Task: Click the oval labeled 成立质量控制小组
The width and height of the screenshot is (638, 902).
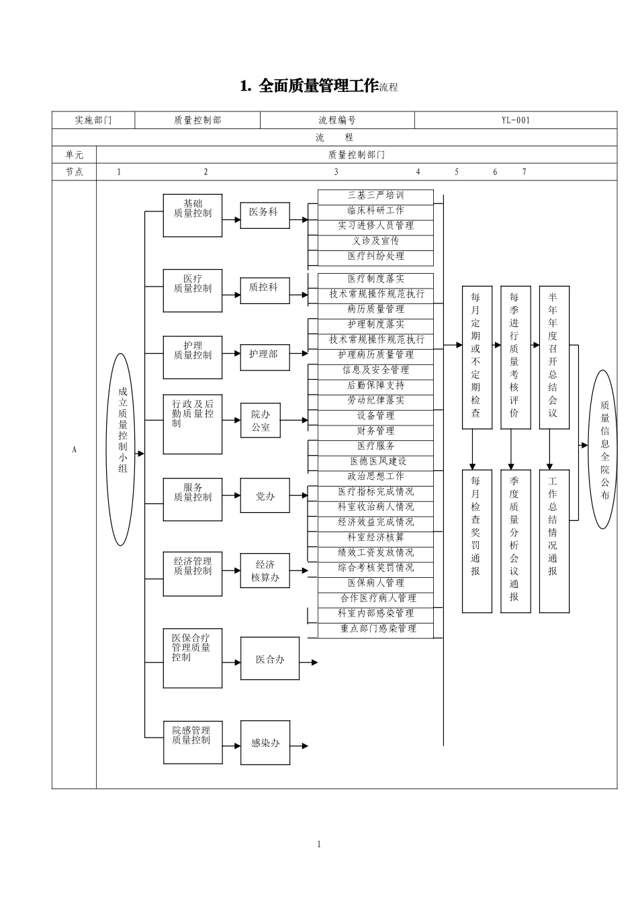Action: pos(121,449)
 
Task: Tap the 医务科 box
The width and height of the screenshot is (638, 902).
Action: pos(265,212)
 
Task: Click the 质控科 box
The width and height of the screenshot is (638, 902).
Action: pos(265,287)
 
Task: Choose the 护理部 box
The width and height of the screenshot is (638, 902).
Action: pos(265,354)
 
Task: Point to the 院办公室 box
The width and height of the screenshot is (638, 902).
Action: pos(261,421)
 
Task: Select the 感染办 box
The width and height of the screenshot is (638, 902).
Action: pos(265,743)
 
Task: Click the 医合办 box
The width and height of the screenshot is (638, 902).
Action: pos(270,659)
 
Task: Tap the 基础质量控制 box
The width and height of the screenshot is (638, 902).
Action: pos(192,215)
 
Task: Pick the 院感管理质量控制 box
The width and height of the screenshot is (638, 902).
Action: pos(192,742)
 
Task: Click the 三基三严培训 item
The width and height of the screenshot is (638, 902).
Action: pos(375,196)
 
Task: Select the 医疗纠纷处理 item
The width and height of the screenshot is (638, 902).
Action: pos(375,256)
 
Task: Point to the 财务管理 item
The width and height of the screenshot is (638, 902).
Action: pos(375,431)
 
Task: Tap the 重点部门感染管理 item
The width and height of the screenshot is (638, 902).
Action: pos(375,629)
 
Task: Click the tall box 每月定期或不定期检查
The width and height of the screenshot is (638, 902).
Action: pos(476,357)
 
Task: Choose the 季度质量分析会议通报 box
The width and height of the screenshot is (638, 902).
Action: pos(514,541)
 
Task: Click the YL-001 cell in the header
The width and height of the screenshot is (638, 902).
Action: pos(515,120)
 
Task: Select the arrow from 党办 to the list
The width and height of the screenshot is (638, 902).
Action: pos(299,497)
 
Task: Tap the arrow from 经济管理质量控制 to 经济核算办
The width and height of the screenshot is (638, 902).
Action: pos(231,570)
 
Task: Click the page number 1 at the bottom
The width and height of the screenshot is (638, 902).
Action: pos(319,844)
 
